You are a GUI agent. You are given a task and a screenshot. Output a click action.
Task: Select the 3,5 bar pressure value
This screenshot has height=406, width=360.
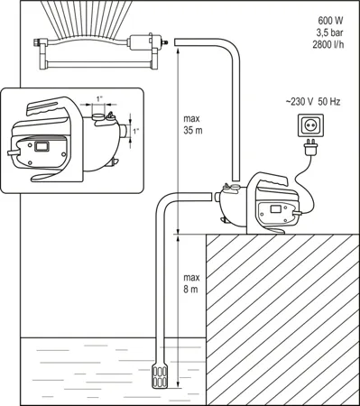click(x=330, y=32)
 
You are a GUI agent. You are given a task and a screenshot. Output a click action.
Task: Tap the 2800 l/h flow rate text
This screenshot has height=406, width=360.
click(x=328, y=44)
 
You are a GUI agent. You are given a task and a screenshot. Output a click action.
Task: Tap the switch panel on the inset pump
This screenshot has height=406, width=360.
click(x=42, y=146)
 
